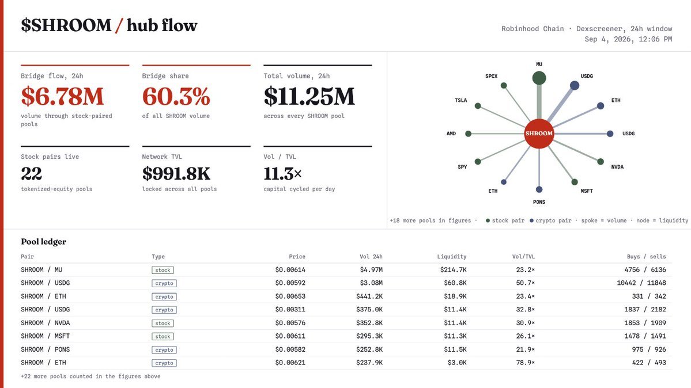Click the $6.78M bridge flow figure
62,97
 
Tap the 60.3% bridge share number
176,97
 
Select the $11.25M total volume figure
309,97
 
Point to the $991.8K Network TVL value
176,173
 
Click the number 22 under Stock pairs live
31,173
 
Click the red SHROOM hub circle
539,134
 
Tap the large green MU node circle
539,78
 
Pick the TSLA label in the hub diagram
461,100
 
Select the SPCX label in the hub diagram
492,76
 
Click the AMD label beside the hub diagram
451,134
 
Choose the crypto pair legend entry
550,220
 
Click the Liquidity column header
452,256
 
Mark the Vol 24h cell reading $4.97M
371,269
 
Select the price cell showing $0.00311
290,310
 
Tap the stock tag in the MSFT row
163,336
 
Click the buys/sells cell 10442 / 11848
641,283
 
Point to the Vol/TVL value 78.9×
525,363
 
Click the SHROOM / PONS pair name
46,349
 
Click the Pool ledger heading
44,242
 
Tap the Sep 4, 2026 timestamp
628,39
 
